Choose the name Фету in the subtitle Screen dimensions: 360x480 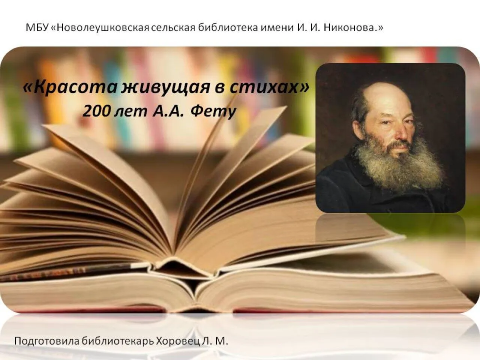(x=213, y=111)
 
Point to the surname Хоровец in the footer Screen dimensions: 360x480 (x=180, y=342)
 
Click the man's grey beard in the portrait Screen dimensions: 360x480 (x=397, y=165)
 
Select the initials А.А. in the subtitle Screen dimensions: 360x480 (x=169, y=111)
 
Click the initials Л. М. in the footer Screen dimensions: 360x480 (x=218, y=342)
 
